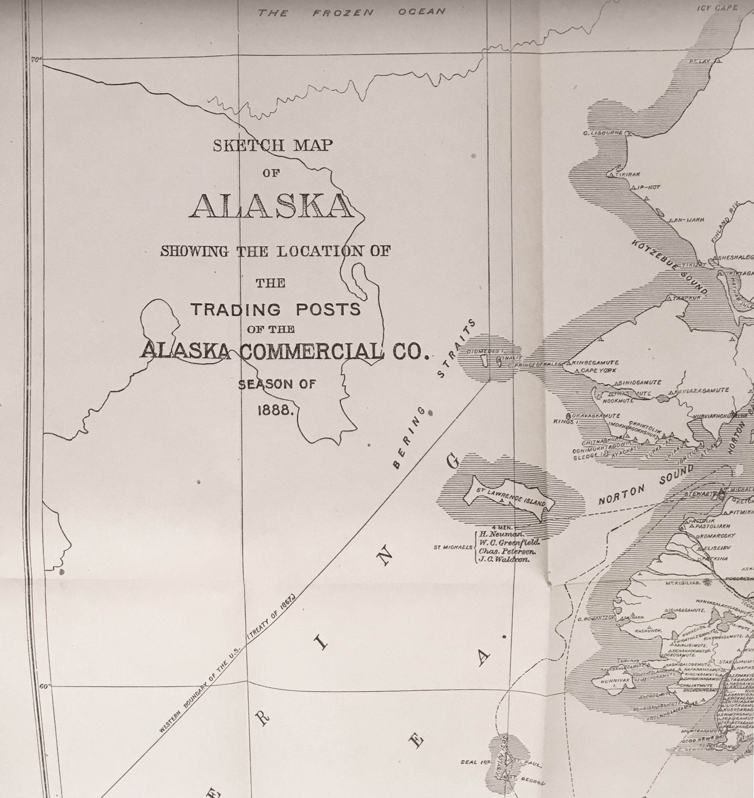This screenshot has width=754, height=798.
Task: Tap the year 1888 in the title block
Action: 276,410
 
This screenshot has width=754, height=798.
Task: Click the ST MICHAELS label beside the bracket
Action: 453,547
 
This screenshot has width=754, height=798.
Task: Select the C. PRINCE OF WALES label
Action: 534,365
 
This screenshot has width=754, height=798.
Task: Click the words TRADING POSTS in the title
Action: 276,309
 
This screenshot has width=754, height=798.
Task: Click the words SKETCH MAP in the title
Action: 273,145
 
